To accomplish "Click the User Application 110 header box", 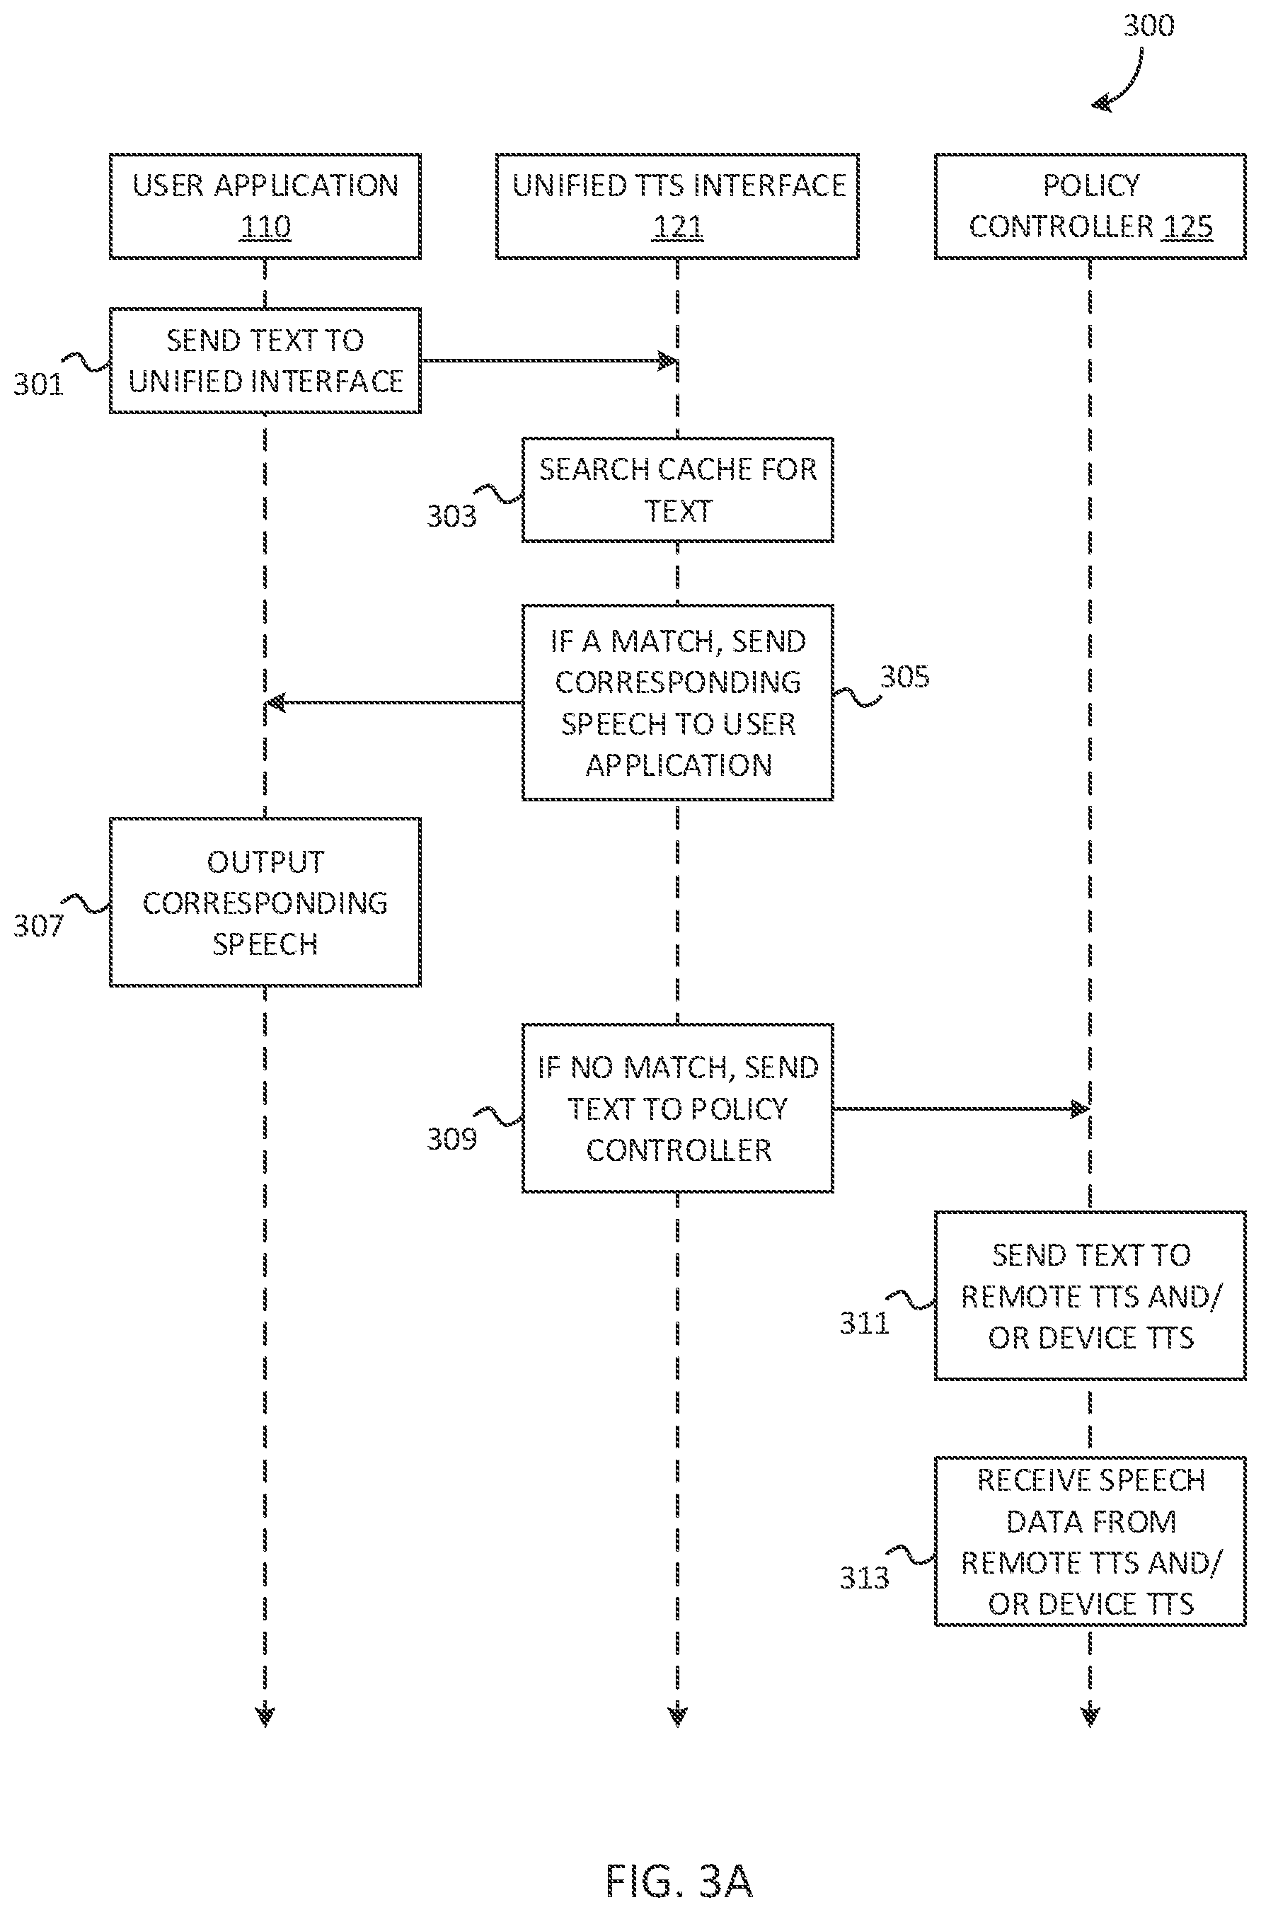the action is pyautogui.click(x=265, y=206).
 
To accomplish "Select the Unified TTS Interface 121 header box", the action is pyautogui.click(x=677, y=206).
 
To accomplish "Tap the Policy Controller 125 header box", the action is pyautogui.click(x=1090, y=206).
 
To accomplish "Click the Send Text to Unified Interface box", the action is pyautogui.click(x=265, y=360).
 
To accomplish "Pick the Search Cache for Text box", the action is pyautogui.click(x=677, y=490).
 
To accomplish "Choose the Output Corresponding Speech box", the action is pyautogui.click(x=265, y=902).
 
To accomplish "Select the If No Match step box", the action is pyautogui.click(x=677, y=1108).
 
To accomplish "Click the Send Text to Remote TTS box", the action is pyautogui.click(x=1090, y=1296).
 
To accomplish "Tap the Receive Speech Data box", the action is pyautogui.click(x=1090, y=1541).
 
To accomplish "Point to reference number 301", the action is pyautogui.click(x=38, y=384).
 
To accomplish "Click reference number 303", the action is pyautogui.click(x=451, y=515).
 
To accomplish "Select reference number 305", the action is pyautogui.click(x=905, y=677).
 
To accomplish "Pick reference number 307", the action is pyautogui.click(x=38, y=926).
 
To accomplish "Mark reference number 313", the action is pyautogui.click(x=865, y=1577).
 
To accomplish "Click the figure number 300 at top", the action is pyautogui.click(x=1148, y=25).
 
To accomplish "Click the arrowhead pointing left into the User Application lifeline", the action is pyautogui.click(x=275, y=703).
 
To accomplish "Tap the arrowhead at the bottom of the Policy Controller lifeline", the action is pyautogui.click(x=1090, y=1716).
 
